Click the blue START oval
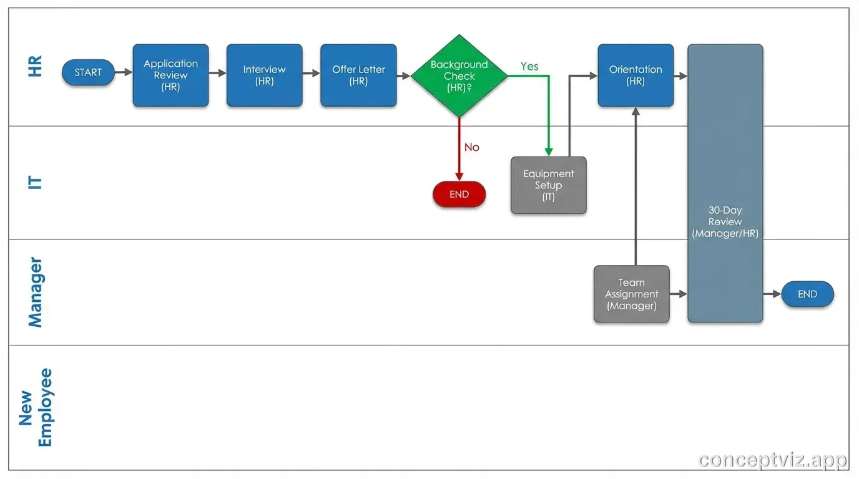88,72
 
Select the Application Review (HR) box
170,75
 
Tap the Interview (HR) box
264,75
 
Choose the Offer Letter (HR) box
358,75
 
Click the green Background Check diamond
459,76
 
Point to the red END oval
459,194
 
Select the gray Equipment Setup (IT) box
548,185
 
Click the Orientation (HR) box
636,75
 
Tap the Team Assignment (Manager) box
631,294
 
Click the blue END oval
807,294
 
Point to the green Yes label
529,66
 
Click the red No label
471,147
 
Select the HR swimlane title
36,66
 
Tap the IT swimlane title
36,183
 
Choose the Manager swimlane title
36,292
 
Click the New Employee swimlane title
36,407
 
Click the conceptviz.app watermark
773,460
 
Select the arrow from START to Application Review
124,72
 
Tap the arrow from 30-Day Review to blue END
772,294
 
